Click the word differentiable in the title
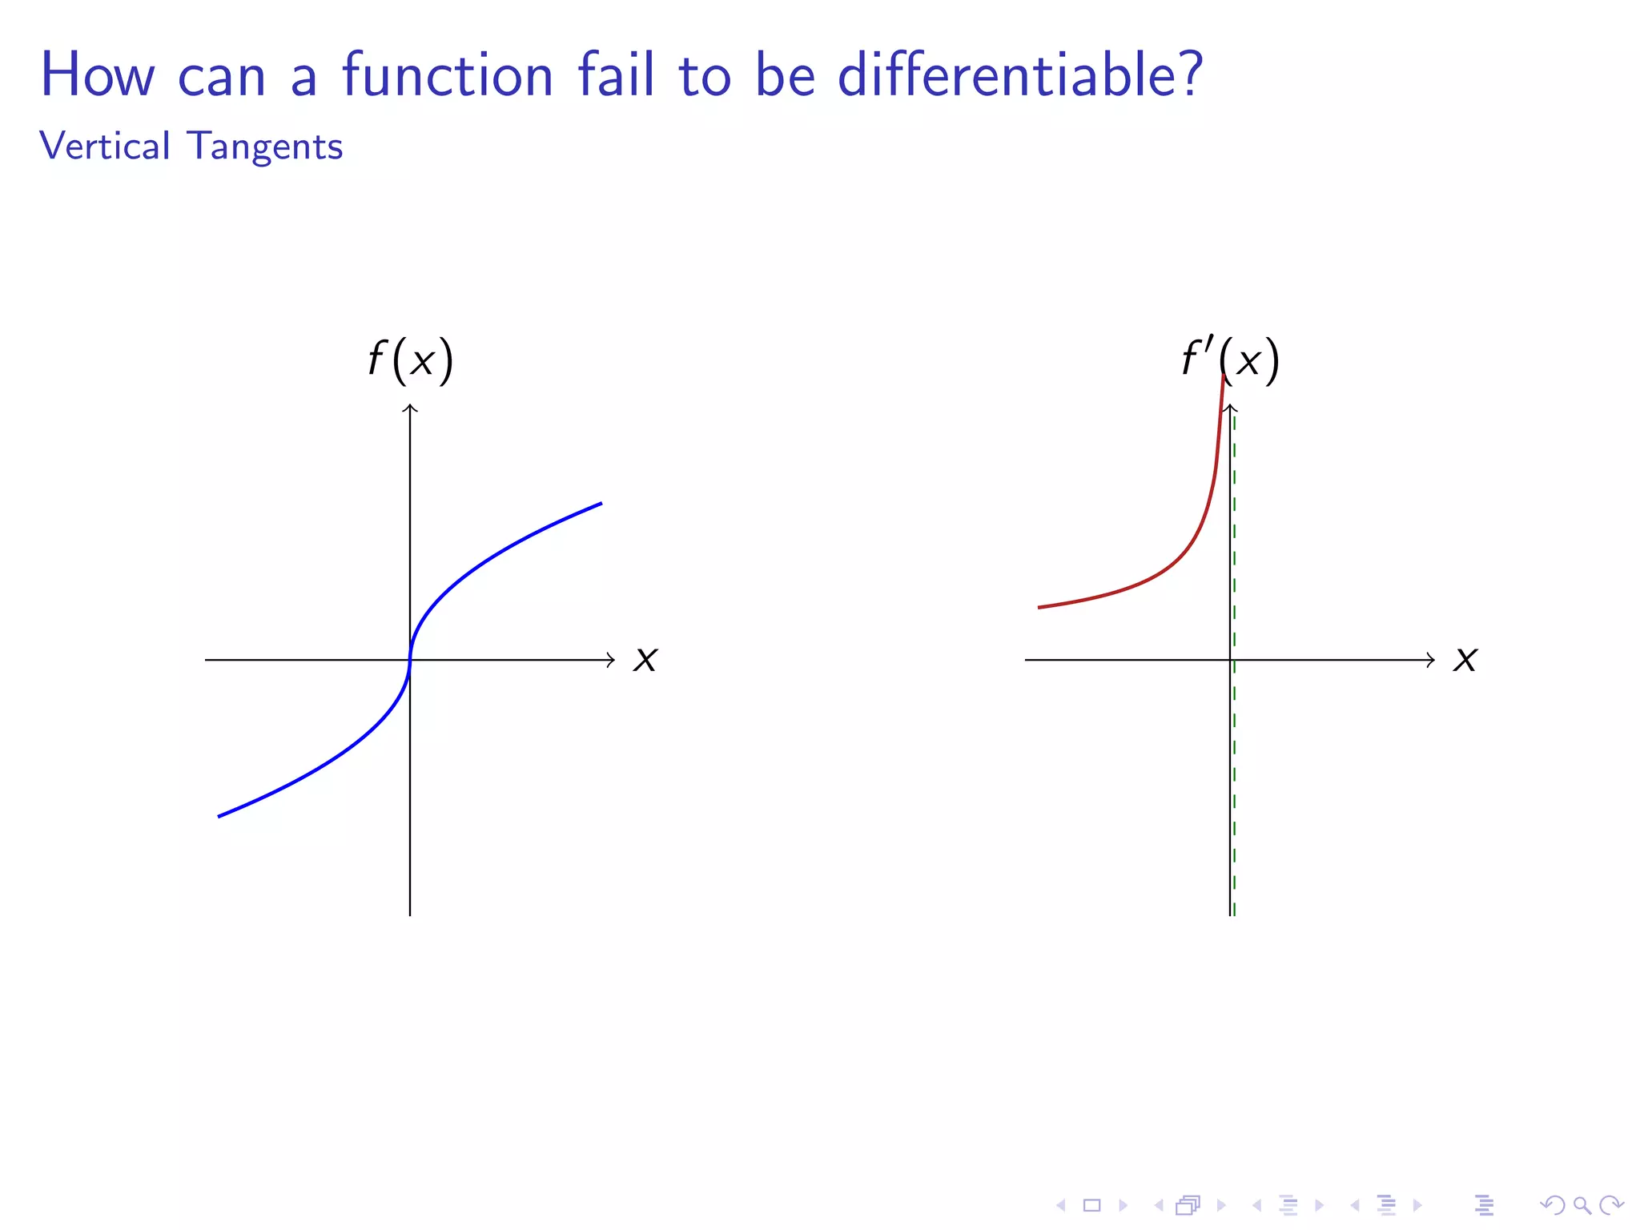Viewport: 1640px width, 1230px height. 1019,74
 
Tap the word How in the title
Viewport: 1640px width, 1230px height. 97,74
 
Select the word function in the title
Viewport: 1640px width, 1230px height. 448,74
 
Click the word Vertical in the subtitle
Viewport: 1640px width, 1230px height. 105,147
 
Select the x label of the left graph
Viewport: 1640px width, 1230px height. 645,660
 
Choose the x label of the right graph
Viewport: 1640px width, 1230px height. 1465,660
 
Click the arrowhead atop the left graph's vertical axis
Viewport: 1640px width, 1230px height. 410,408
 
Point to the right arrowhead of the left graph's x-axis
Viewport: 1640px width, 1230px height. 612,660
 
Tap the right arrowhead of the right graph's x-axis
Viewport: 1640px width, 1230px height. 1432,660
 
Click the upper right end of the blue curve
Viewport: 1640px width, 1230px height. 601,504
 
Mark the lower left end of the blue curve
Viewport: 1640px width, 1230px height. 219,816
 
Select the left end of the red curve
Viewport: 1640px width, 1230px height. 1039,608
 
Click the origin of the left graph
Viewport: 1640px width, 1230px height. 410,660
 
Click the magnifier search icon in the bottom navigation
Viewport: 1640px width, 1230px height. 1581,1205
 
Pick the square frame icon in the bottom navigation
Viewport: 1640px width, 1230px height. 1091,1205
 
